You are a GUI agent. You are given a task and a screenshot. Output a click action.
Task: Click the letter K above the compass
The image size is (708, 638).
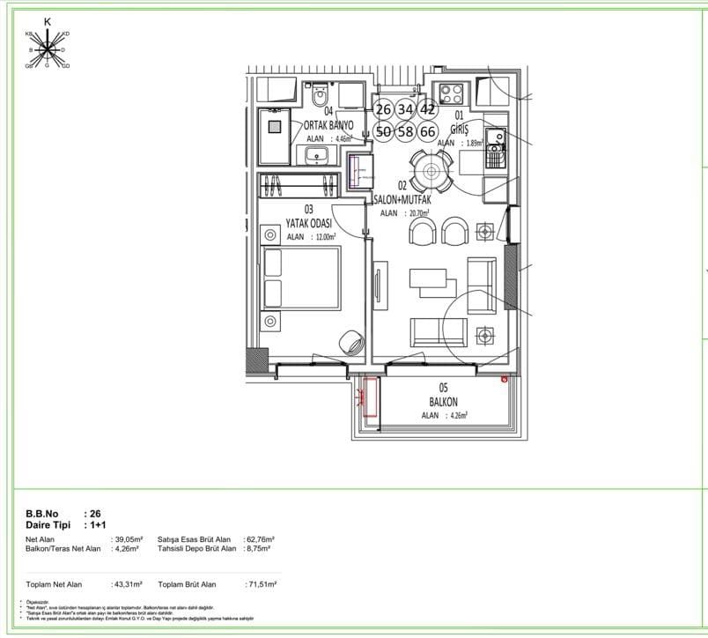pyautogui.click(x=47, y=20)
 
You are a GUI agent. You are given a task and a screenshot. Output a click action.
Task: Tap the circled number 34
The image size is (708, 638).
pyautogui.click(x=405, y=109)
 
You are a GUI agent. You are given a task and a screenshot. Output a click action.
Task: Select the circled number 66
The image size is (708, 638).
pyautogui.click(x=428, y=131)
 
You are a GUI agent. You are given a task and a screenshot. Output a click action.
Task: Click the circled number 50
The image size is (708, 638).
pyautogui.click(x=383, y=131)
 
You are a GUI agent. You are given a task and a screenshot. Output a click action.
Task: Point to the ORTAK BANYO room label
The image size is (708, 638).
pyautogui.click(x=328, y=125)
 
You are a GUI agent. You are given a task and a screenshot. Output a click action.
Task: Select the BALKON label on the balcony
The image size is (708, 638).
pyautogui.click(x=444, y=402)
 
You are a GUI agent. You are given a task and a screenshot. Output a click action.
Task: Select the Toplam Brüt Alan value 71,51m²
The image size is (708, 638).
pyautogui.click(x=260, y=584)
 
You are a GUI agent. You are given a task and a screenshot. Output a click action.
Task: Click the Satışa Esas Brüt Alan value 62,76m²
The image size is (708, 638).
pyautogui.click(x=260, y=538)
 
